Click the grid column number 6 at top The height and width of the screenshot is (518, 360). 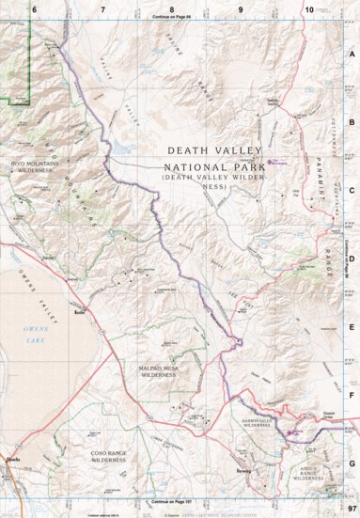pos(35,8)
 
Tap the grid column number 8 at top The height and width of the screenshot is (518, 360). pos(172,8)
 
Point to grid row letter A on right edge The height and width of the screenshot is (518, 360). pos(351,55)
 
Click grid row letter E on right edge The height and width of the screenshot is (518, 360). pos(351,328)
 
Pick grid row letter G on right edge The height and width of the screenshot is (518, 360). pos(351,463)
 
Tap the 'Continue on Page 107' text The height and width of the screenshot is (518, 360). pos(173,503)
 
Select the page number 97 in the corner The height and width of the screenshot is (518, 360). pos(350,509)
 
